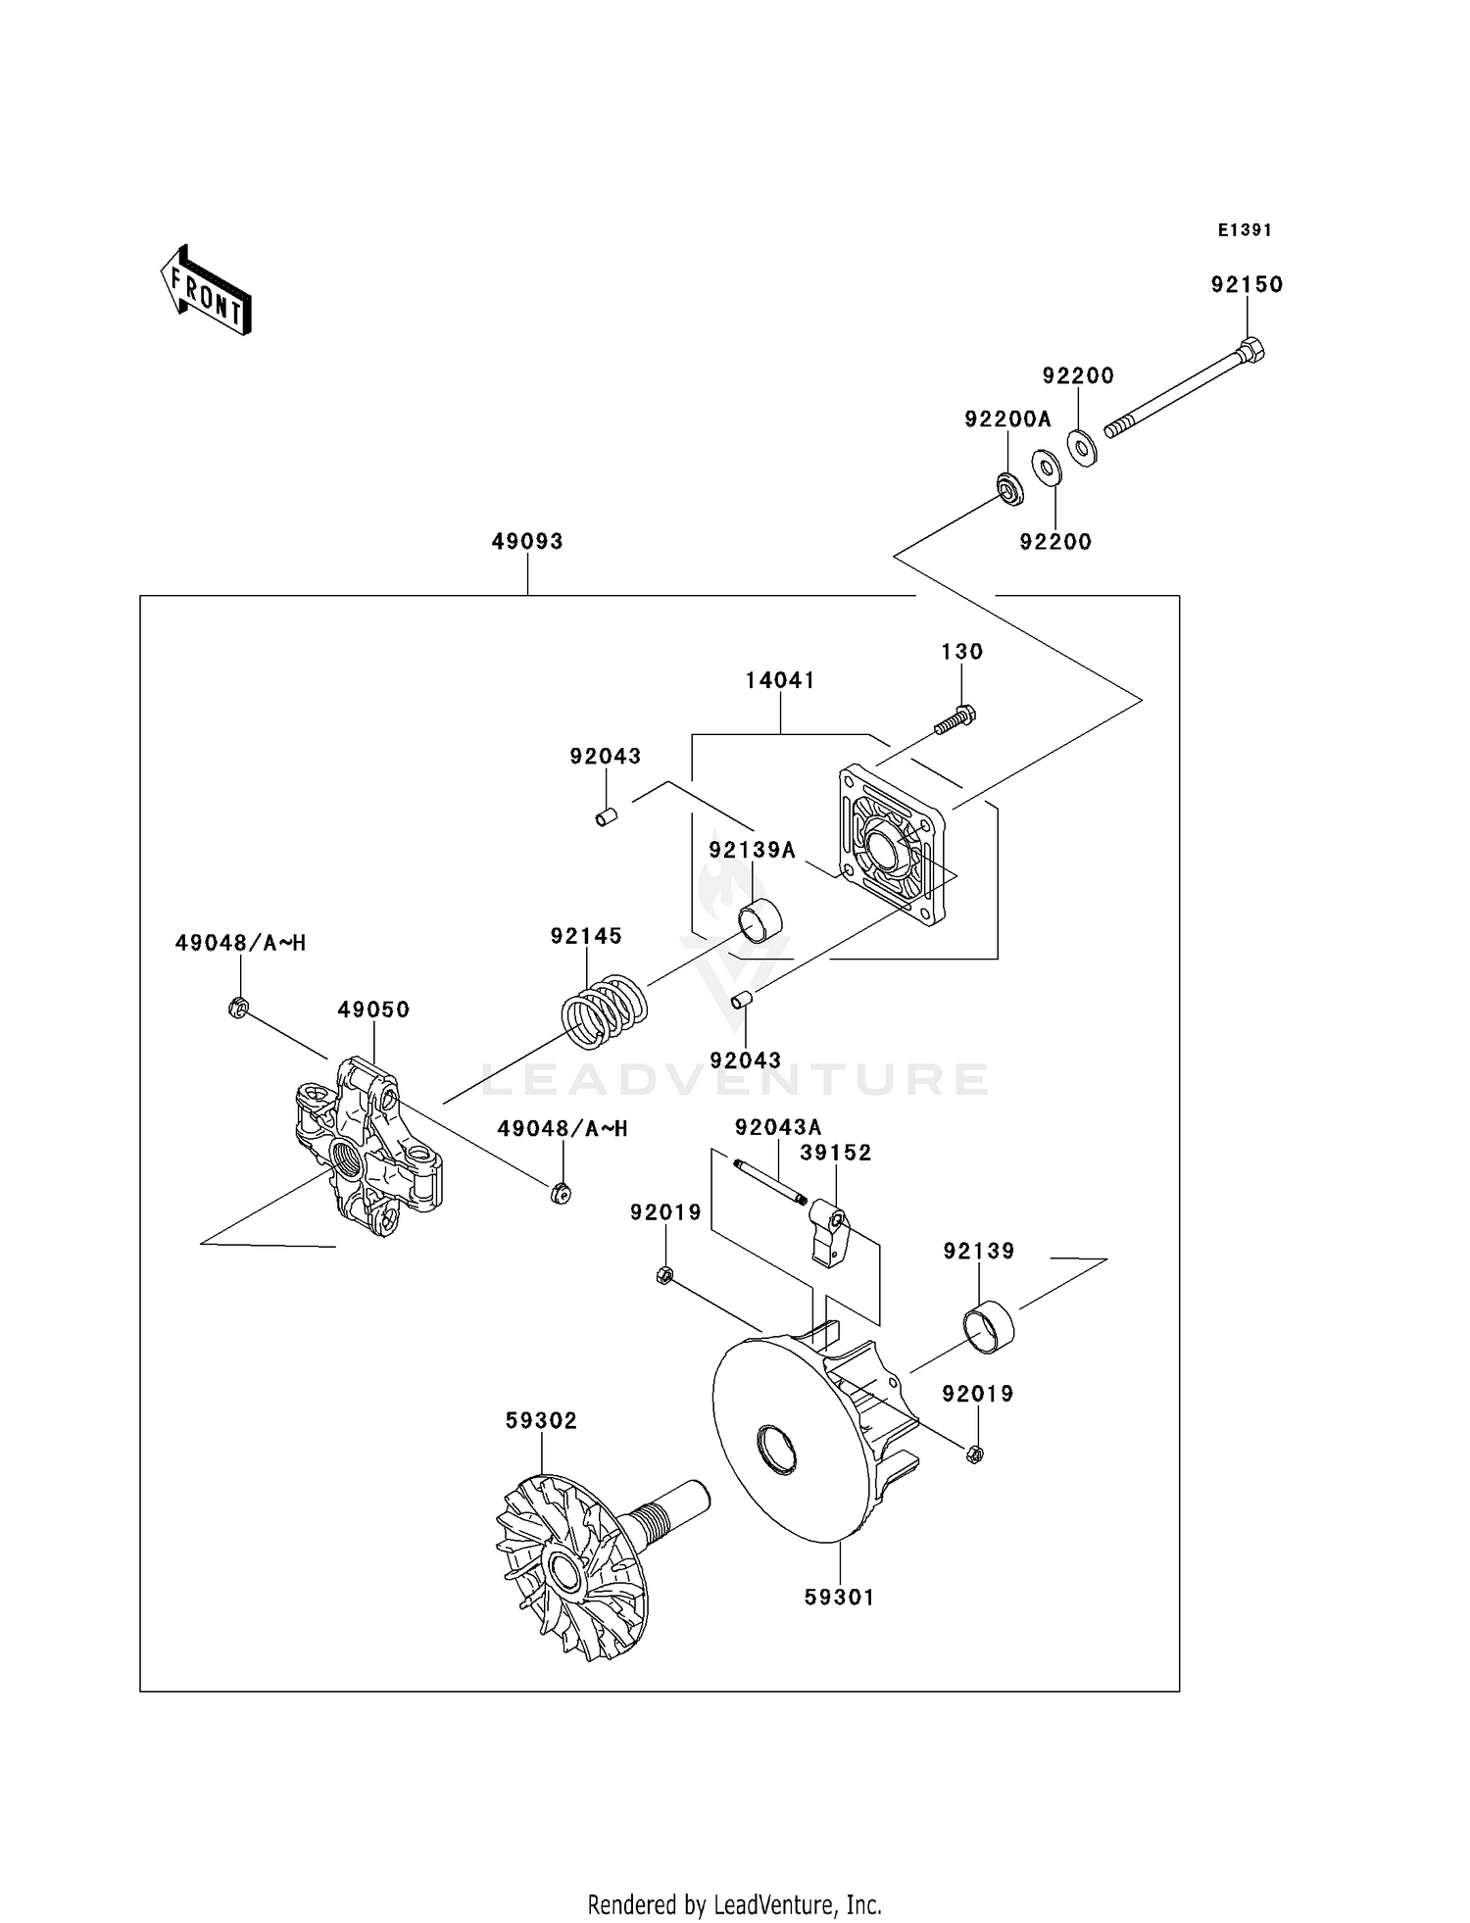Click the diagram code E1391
tap(1245, 230)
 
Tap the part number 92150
tap(1247, 284)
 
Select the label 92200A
tap(1007, 419)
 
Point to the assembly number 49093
tap(527, 541)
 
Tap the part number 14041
tap(780, 680)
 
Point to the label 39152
tap(835, 1153)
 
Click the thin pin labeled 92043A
tap(769, 1180)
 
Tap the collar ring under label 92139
tap(989, 1326)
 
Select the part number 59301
tap(839, 1597)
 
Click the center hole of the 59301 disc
tap(777, 1452)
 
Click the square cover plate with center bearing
tap(891, 846)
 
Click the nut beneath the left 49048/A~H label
tap(237, 1007)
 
